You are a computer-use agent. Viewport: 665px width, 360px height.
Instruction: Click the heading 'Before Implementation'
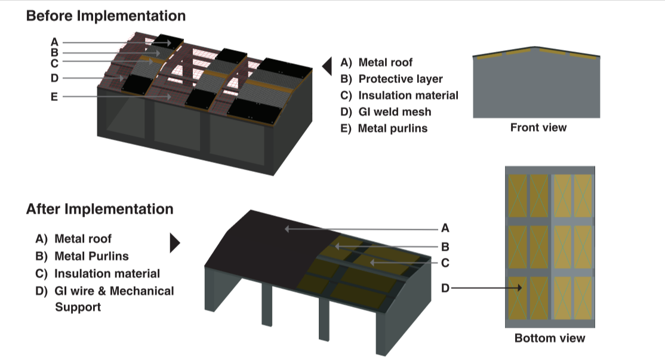106,16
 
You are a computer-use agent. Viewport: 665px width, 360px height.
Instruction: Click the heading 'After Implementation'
100,210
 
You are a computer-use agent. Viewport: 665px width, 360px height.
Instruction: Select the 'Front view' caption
538,128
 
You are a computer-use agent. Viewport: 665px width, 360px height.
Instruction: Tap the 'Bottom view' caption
549,339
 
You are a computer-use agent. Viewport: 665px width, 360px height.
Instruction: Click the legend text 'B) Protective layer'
392,79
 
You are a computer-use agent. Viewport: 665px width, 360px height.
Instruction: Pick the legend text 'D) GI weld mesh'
386,112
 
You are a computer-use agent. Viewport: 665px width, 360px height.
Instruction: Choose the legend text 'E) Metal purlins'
384,128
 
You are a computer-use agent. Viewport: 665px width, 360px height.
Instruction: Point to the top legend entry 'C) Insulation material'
399,96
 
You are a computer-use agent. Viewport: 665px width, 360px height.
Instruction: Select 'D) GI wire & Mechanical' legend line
105,291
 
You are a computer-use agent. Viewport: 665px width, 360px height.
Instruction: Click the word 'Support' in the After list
78,307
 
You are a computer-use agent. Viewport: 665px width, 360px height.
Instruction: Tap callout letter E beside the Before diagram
54,96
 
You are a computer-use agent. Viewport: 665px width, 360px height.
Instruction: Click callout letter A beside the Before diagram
54,42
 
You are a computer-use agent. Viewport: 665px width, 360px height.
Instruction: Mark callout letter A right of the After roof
445,227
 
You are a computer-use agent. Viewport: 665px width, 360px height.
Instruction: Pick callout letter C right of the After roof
445,263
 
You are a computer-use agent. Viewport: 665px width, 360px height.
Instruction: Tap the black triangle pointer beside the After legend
175,242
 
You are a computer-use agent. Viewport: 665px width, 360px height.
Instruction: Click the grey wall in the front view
536,90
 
